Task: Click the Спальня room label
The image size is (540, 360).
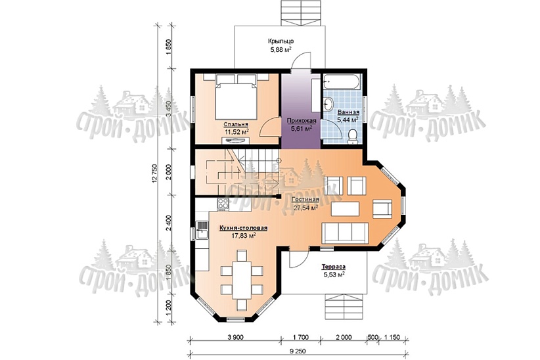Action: pos(236,124)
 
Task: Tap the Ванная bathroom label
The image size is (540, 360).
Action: pos(348,112)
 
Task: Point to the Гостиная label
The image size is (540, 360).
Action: pos(305,200)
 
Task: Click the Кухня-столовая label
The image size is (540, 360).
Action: pos(244,228)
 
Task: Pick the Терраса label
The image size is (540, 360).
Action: pos(333,267)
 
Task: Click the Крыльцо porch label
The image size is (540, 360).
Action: pos(281,41)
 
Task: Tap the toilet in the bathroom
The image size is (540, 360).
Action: pos(352,135)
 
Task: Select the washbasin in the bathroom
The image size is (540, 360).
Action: pos(328,103)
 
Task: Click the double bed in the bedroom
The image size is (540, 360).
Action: pos(236,97)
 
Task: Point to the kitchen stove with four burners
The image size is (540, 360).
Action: pos(223,204)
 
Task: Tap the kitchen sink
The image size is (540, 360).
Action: pos(202,230)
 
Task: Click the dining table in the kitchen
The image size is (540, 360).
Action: pos(242,280)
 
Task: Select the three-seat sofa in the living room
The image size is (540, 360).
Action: pos(345,233)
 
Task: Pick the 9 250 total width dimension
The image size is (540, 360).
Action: pos(299,351)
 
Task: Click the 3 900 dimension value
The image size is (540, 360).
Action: pos(235,337)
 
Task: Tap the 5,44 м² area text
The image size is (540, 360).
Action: pos(348,120)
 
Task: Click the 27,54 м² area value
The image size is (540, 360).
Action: pos(305,208)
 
